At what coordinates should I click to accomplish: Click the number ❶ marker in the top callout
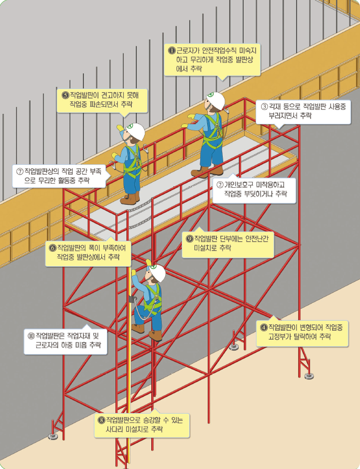[172, 50]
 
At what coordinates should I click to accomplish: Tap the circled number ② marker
[220, 184]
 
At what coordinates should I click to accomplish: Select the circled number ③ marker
[264, 106]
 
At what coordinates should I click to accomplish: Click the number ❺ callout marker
[65, 95]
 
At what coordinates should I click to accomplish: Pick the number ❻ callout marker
[52, 248]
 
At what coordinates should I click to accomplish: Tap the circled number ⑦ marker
[20, 172]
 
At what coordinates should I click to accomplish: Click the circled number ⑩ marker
[31, 336]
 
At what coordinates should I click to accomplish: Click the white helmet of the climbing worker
[157, 273]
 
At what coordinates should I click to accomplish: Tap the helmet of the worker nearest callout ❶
[216, 100]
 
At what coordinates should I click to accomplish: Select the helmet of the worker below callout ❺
[135, 131]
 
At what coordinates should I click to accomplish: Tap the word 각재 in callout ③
[276, 106]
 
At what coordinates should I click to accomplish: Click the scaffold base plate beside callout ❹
[309, 376]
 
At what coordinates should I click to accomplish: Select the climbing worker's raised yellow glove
[149, 262]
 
